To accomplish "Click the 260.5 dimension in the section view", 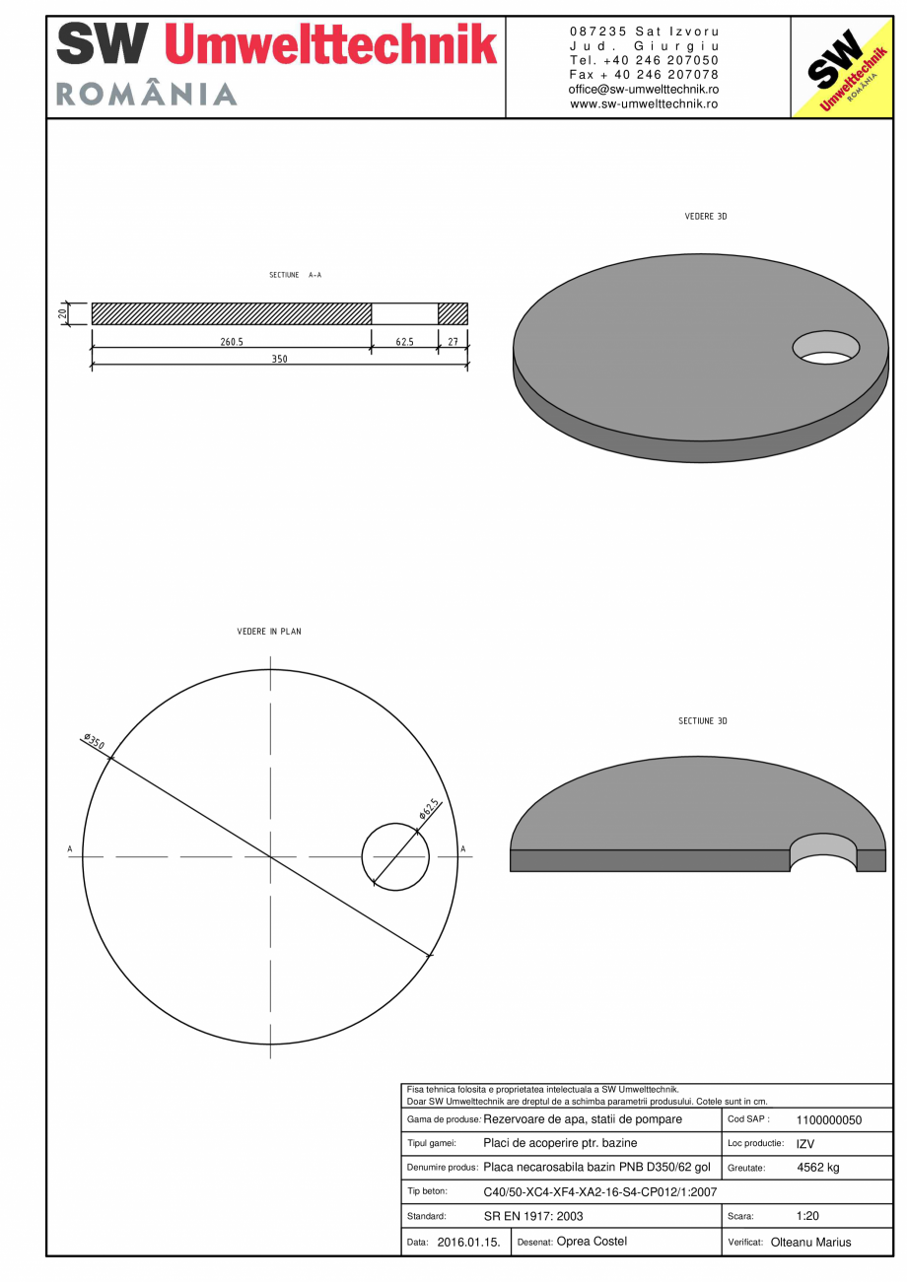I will click(232, 341).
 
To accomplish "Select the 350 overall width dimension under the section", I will click(280, 360).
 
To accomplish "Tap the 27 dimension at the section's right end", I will click(453, 341).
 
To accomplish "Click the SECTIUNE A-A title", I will click(295, 275).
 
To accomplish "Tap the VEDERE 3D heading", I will click(705, 216).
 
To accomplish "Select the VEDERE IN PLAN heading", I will click(269, 632).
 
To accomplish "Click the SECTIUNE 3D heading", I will click(702, 721).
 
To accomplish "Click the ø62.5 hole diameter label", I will click(429, 809).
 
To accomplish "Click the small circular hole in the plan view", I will click(395, 857).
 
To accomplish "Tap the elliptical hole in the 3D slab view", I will click(826, 347).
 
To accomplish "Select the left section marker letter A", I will click(70, 848).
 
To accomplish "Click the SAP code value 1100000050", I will click(828, 1120).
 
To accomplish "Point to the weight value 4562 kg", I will click(817, 1168).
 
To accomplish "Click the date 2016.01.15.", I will click(468, 1243).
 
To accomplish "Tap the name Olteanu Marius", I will click(810, 1243).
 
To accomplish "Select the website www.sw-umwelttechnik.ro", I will click(644, 103).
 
